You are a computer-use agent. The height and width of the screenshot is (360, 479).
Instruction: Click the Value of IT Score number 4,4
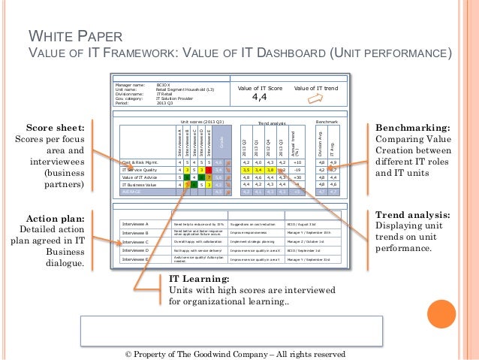[x=259, y=97]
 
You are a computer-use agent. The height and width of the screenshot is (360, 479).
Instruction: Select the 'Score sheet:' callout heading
[x=52, y=128]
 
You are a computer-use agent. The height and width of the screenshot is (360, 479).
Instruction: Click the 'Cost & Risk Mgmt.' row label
[x=142, y=162]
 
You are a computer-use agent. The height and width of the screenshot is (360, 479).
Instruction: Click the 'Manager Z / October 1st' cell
[x=306, y=242]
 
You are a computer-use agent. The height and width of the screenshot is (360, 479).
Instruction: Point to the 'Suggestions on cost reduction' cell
[x=254, y=224]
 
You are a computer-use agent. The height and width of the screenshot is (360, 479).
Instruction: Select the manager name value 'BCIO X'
[x=164, y=86]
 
